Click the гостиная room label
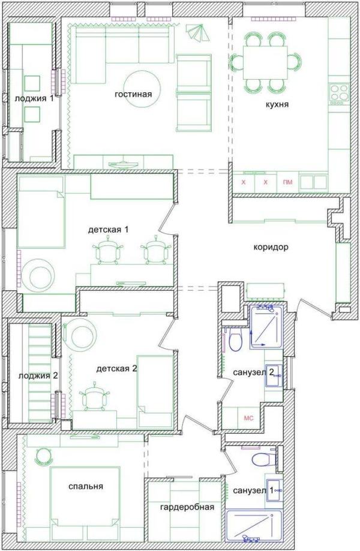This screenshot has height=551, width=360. pos(133,94)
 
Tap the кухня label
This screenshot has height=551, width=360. pos(277,104)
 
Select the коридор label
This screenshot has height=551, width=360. pos(271,247)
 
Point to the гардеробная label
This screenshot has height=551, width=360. pos(187,507)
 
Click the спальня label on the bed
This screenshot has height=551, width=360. pos(86,486)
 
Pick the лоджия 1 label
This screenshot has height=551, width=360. pos(34,98)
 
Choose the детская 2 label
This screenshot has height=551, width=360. pos(117,369)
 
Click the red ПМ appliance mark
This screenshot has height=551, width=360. pos(287,182)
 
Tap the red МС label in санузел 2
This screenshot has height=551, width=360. pos(248,418)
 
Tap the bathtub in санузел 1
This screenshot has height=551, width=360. pos(253,525)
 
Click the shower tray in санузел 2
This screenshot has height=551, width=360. pos(266,326)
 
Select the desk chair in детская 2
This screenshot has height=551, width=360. pos(94,397)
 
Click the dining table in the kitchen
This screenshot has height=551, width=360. pos(265,62)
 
